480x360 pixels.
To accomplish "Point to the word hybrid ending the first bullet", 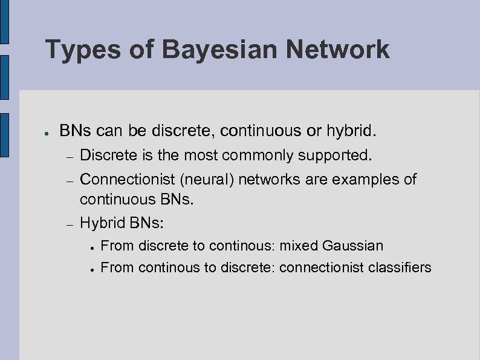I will pyautogui.click(x=353, y=131).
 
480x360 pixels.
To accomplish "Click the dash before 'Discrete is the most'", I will pyautogui.click(x=70, y=156).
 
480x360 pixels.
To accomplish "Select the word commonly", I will pyautogui.click(x=258, y=155).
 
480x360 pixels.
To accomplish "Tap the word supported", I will pyautogui.click(x=335, y=155).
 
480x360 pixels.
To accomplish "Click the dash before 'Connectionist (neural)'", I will pyautogui.click(x=70, y=180).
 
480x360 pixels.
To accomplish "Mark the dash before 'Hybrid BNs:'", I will pyautogui.click(x=70, y=224).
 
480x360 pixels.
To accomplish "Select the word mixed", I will pyautogui.click(x=299, y=246).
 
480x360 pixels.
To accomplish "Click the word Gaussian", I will pyautogui.click(x=353, y=246).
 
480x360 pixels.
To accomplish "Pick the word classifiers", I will pyautogui.click(x=401, y=267).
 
